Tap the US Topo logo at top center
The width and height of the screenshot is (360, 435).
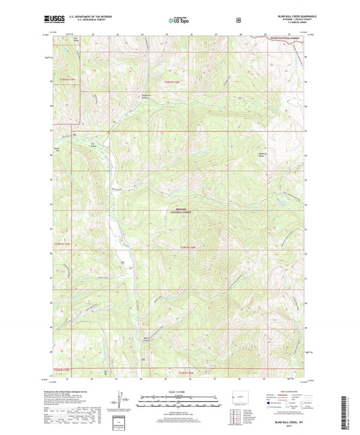(x=177, y=20)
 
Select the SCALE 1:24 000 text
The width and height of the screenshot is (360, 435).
(x=180, y=392)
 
